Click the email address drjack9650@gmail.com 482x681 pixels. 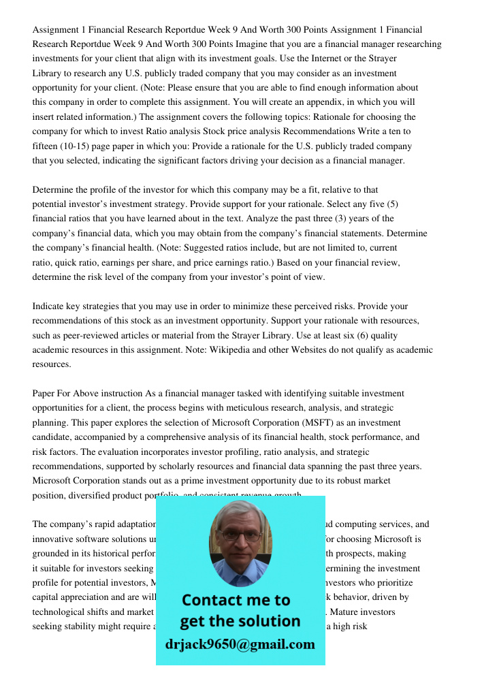pyautogui.click(x=240, y=644)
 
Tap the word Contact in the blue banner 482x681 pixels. pyautogui.click(x=213, y=600)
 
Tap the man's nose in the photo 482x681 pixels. pyautogui.click(x=240, y=543)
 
